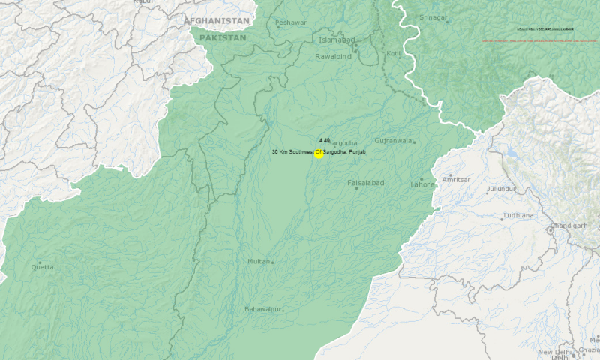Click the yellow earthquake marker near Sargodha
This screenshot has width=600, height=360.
(319, 154)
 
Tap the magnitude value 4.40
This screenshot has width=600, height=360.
(324, 140)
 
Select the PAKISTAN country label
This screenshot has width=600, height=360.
(223, 37)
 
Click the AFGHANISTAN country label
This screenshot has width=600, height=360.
(217, 20)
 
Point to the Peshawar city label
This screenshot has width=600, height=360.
(290, 22)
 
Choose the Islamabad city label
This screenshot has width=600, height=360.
(334, 40)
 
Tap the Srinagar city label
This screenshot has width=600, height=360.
(433, 16)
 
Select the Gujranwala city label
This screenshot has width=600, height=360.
(394, 141)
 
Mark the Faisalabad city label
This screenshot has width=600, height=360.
(365, 183)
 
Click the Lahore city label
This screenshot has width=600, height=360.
(421, 184)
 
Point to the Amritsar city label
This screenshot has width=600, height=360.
(456, 180)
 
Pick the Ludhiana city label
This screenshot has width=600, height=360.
(519, 215)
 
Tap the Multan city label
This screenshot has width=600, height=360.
(258, 261)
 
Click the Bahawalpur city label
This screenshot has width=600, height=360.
(263, 309)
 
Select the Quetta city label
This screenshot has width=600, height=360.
(41, 266)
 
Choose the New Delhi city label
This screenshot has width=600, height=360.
(554, 352)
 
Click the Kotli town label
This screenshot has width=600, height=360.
(393, 54)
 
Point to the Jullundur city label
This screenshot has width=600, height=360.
(501, 189)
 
